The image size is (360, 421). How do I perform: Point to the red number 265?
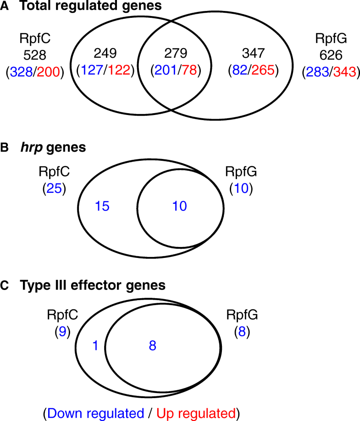(x=265, y=71)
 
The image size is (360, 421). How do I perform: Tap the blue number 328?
(x=22, y=72)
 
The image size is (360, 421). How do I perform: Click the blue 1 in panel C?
(x=95, y=346)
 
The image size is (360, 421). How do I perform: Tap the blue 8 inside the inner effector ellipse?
(x=153, y=346)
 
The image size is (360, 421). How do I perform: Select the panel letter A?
(x=5, y=6)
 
